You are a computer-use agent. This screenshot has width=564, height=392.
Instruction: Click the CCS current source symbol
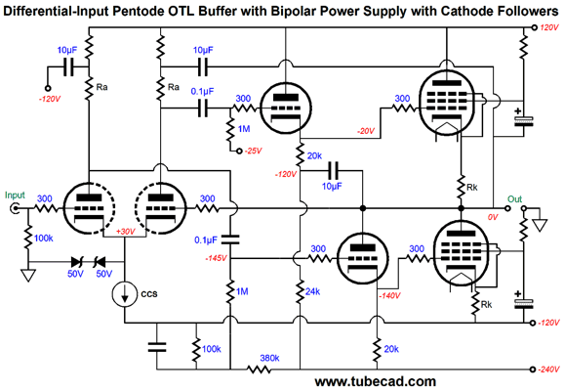125,293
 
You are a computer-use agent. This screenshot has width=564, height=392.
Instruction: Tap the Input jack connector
15,208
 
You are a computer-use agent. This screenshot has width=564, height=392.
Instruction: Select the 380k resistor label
269,358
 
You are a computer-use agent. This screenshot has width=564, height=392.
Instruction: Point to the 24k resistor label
312,291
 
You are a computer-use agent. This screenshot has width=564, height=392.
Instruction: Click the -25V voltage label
254,151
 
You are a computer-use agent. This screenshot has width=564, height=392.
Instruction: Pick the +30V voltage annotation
125,232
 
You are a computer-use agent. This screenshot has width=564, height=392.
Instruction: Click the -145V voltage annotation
216,258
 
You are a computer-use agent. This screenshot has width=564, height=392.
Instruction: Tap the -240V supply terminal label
548,370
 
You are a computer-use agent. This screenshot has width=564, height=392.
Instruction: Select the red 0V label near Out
493,217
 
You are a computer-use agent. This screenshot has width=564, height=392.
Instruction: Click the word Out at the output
514,199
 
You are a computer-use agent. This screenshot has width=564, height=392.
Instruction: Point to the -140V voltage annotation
389,295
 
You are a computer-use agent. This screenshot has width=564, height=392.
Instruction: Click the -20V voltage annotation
366,131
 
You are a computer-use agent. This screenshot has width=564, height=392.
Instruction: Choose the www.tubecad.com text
375,382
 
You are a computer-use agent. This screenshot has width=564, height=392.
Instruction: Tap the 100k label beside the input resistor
44,239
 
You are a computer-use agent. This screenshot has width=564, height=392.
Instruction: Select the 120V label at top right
549,27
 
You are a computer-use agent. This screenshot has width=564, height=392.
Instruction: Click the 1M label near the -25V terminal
244,129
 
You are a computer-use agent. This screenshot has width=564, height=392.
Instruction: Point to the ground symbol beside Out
540,225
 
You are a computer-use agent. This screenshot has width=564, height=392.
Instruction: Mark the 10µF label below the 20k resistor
332,187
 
